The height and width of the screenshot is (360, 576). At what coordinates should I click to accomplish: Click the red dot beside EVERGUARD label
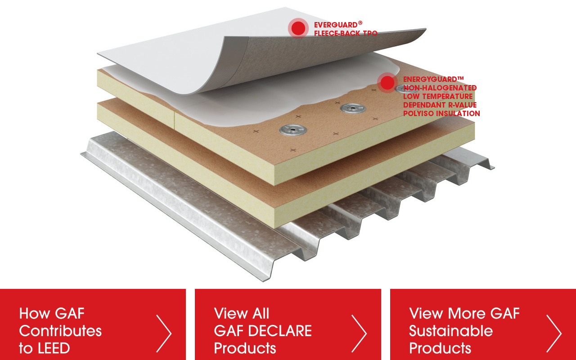pyautogui.click(x=298, y=28)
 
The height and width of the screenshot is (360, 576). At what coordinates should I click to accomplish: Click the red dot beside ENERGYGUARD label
pyautogui.click(x=387, y=82)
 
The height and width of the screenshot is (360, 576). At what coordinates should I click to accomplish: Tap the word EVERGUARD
pyautogui.click(x=336, y=25)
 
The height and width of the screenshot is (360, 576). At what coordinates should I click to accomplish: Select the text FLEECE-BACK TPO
pyautogui.click(x=346, y=33)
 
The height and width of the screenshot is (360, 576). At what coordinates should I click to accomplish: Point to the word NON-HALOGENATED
pyautogui.click(x=440, y=88)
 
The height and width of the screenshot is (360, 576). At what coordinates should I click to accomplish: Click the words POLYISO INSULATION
pyautogui.click(x=441, y=113)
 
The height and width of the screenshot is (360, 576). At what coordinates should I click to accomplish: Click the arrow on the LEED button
pyautogui.click(x=164, y=333)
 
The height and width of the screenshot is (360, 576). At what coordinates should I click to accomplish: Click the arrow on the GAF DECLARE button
pyautogui.click(x=359, y=333)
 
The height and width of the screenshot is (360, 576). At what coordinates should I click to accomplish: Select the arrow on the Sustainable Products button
pyautogui.click(x=554, y=333)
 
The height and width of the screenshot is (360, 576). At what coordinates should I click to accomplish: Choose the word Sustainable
pyautogui.click(x=451, y=331)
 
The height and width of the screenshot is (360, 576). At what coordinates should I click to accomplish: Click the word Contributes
pyautogui.click(x=60, y=331)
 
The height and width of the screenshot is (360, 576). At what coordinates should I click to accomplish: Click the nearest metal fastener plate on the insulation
pyautogui.click(x=293, y=130)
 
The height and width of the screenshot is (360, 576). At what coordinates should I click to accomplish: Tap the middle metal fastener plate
pyautogui.click(x=353, y=108)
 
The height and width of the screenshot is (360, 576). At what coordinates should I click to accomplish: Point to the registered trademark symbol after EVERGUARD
pyautogui.click(x=360, y=23)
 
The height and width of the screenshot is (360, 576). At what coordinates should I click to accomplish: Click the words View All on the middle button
pyautogui.click(x=242, y=314)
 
